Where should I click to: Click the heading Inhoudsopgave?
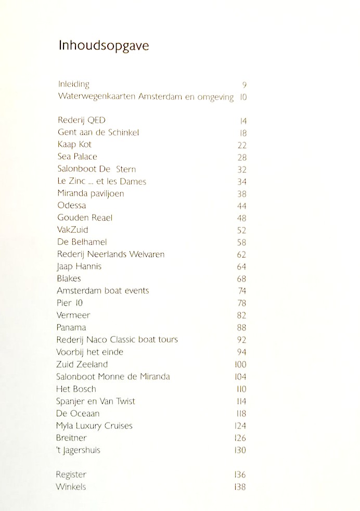tap(104, 46)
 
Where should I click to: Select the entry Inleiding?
tap(73, 84)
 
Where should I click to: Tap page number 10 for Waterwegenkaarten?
tap(242, 97)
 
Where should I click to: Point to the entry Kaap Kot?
tap(74, 145)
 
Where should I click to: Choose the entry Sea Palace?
tap(78, 157)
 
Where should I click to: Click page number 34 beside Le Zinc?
tap(242, 182)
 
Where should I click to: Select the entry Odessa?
tap(72, 206)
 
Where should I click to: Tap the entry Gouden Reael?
tap(85, 218)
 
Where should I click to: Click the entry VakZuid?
tap(73, 229)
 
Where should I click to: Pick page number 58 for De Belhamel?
tap(242, 242)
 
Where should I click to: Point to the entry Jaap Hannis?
tap(79, 266)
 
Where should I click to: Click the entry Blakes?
tap(69, 278)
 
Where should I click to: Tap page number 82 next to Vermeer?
tap(242, 315)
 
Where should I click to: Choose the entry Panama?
tap(72, 327)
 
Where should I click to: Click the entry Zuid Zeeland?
tap(82, 364)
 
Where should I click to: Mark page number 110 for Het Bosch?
tap(241, 389)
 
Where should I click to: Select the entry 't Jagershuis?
tap(78, 450)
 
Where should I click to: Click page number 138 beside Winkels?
tap(240, 487)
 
